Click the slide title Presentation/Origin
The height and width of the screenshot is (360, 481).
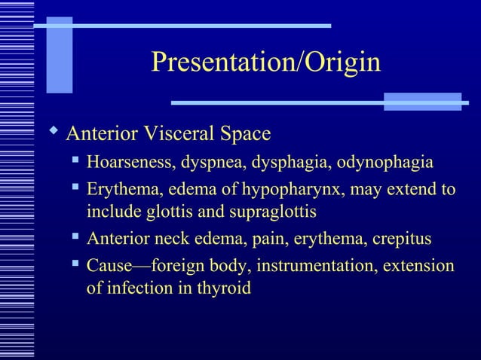pos(265,63)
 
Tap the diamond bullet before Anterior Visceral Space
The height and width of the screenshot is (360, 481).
pos(52,133)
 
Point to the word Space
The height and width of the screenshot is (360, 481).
pos(245,135)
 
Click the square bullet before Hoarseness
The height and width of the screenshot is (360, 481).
pos(75,161)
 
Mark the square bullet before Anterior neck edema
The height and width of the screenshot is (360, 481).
pos(75,238)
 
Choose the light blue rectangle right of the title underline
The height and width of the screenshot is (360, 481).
pos(422,102)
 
